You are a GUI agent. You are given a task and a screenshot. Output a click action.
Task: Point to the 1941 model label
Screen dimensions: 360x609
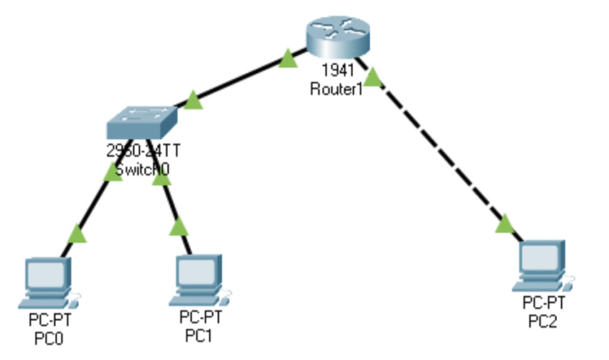click(x=337, y=71)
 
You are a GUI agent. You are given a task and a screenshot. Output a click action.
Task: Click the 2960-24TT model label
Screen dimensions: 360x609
click(x=143, y=151)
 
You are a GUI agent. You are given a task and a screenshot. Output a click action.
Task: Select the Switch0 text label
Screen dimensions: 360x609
click(x=143, y=169)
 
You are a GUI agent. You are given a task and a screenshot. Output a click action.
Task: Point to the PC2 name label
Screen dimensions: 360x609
click(x=543, y=322)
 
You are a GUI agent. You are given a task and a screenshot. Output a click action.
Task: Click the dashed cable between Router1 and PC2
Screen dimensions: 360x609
click(x=440, y=155)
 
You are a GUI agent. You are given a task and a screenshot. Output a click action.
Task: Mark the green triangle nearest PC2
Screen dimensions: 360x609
click(x=504, y=224)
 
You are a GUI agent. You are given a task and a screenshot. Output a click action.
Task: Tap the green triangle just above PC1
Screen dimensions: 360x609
click(x=178, y=227)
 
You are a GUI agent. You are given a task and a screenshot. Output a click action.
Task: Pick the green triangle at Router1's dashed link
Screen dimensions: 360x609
click(x=372, y=77)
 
